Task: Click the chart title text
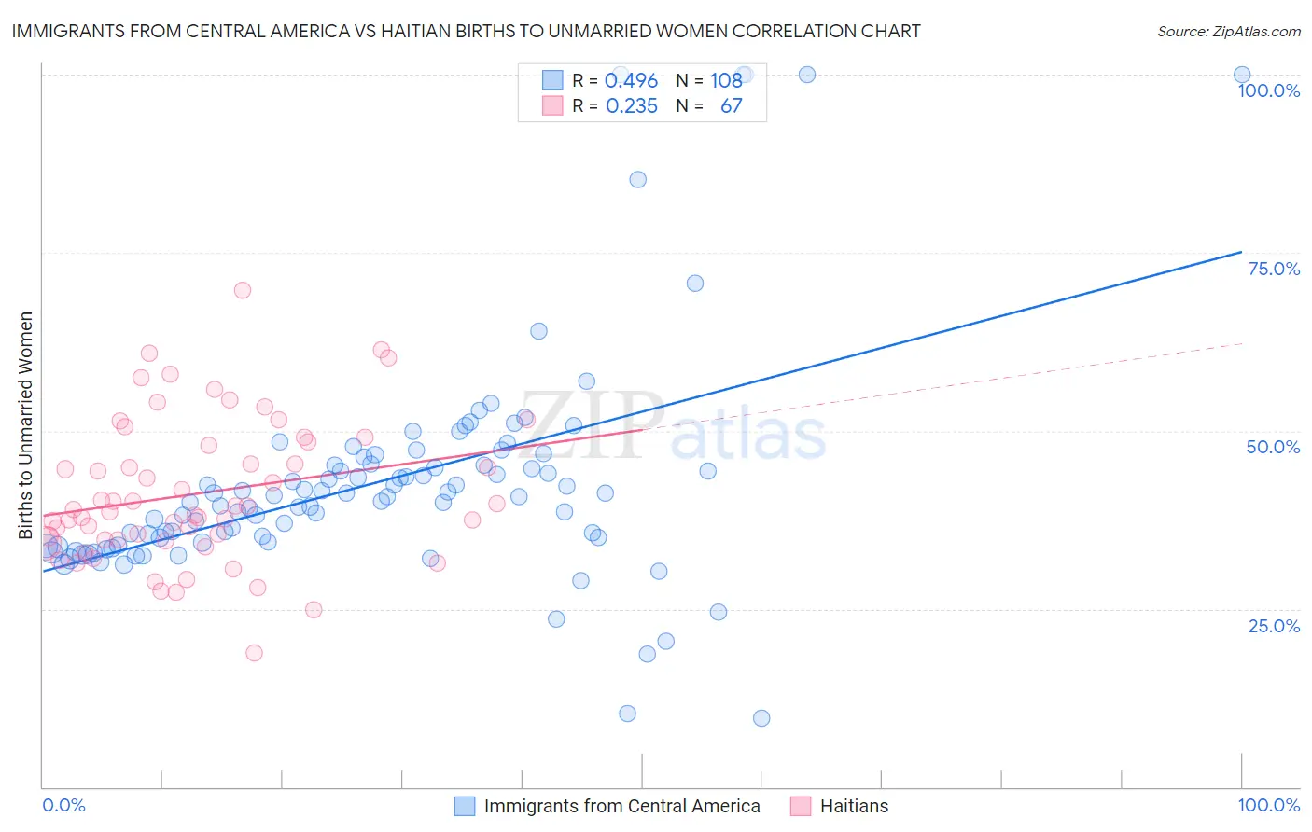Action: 466,32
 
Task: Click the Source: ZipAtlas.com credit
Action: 1228,32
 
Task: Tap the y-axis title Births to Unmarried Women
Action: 26,425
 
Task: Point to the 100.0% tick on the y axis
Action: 1268,91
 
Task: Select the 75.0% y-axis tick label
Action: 1274,270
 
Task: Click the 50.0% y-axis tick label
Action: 1273,448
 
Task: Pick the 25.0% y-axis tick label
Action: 1274,626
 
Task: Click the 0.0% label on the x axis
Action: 63,806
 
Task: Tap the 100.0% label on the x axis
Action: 1268,806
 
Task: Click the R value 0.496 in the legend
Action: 631,81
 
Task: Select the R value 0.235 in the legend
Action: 631,106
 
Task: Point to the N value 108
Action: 725,81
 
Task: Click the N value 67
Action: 731,106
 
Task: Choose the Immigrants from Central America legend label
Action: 621,807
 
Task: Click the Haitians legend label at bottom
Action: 854,807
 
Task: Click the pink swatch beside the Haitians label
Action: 801,807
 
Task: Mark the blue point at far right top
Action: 1242,75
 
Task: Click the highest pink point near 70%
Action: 243,290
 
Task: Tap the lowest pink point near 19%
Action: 254,653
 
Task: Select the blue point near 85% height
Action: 637,180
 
